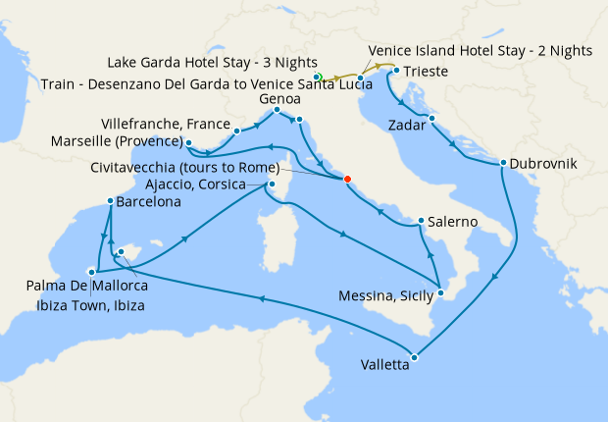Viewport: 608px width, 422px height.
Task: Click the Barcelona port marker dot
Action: point(110,201)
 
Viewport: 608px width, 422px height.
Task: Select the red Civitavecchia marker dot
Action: point(345,178)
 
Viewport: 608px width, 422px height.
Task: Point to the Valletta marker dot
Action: point(414,357)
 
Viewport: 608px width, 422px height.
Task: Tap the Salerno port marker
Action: point(420,221)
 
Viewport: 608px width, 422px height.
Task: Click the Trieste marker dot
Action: point(395,72)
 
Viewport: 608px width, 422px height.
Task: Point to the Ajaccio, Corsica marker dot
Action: point(271,184)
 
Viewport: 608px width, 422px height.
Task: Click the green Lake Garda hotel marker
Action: point(318,77)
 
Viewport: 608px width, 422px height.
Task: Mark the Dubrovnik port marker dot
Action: point(502,163)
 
